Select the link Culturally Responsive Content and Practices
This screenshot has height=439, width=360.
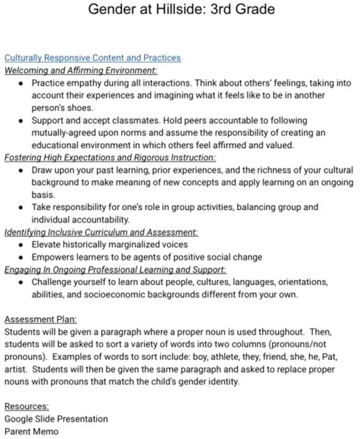[x=92, y=58]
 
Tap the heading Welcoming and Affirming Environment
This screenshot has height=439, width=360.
[x=81, y=71]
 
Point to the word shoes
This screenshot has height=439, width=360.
[x=79, y=108]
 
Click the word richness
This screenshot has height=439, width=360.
[x=271, y=170]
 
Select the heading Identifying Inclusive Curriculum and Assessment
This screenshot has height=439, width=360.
[x=101, y=232]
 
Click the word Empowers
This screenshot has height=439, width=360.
[x=54, y=257]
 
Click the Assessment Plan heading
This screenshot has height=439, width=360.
[x=40, y=319]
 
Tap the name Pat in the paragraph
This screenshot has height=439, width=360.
[x=324, y=356]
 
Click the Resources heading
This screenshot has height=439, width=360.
[x=27, y=406]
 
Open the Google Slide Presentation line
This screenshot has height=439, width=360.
[x=56, y=419]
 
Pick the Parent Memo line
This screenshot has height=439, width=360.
[x=31, y=431]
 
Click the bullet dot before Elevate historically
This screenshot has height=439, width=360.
[x=21, y=245]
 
